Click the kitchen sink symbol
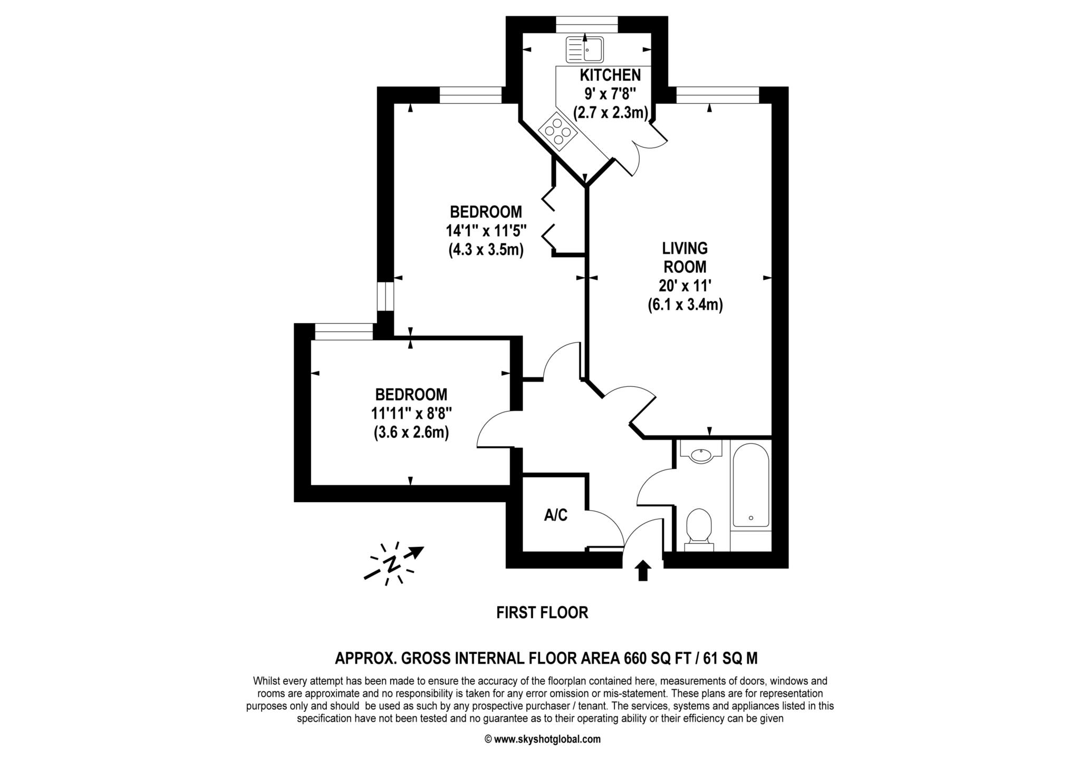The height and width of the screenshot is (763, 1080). tap(584, 50)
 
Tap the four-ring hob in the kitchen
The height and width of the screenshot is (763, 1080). tap(558, 129)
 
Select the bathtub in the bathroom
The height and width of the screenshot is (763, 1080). tap(750, 485)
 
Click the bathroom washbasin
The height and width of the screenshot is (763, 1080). tap(701, 454)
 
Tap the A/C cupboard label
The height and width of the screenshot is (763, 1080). tap(556, 515)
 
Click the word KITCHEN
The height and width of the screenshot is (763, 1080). tap(610, 75)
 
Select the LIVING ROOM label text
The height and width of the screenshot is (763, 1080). tap(685, 257)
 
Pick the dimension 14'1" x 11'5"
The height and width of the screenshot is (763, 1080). tap(486, 231)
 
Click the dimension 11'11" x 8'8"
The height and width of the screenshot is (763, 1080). tap(411, 413)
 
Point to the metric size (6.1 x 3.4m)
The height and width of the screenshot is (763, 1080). tap(685, 305)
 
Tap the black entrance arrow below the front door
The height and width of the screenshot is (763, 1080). tap(642, 571)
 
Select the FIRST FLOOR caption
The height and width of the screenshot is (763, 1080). tap(542, 612)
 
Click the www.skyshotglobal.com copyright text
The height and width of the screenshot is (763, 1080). tap(542, 739)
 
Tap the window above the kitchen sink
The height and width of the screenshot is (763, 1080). tap(587, 24)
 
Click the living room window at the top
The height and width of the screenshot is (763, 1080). tap(718, 95)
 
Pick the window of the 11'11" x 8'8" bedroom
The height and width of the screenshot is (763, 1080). tap(344, 332)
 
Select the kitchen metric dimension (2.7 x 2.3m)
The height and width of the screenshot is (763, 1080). tap(610, 112)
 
